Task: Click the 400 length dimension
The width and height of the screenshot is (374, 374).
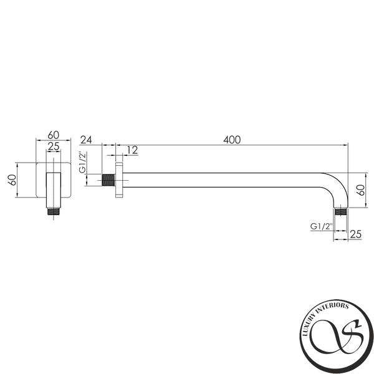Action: (232, 140)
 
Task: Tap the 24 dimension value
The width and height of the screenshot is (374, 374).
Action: (86, 140)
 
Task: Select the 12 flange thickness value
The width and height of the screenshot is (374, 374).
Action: (132, 150)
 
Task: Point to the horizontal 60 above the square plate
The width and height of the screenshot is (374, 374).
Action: (54, 135)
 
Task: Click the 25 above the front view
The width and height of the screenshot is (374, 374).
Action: (54, 146)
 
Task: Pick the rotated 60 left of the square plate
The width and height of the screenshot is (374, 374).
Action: (12, 180)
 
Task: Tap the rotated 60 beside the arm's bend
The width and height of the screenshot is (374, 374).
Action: (361, 190)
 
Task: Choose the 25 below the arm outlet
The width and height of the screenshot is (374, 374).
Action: (356, 234)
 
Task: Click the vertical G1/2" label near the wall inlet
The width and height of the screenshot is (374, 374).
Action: (82, 162)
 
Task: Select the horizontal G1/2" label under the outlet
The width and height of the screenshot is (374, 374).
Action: (321, 226)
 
